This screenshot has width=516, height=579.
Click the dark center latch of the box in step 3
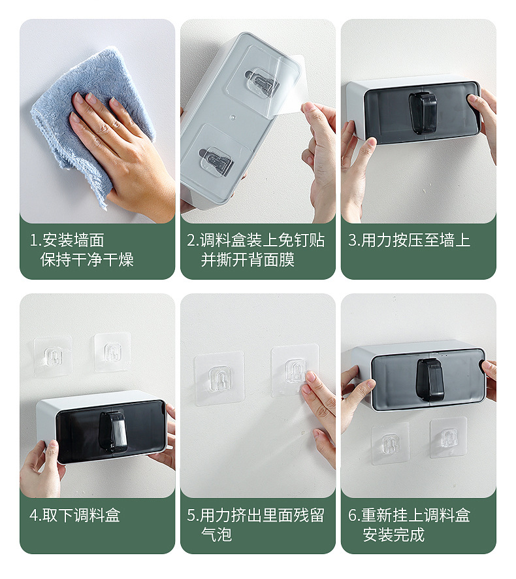423,112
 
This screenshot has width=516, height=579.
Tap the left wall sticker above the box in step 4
52,356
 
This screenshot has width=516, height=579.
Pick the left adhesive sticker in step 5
219,378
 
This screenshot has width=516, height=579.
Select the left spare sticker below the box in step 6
391,443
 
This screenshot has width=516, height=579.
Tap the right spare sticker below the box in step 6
448,438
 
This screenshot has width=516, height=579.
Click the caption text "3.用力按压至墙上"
410,240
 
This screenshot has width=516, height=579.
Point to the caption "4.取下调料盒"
75,515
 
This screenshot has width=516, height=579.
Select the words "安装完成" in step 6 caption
393,535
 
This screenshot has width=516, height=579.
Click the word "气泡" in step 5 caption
217,535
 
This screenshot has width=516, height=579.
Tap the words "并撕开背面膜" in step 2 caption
248,259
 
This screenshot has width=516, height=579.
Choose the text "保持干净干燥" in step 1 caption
87,259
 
